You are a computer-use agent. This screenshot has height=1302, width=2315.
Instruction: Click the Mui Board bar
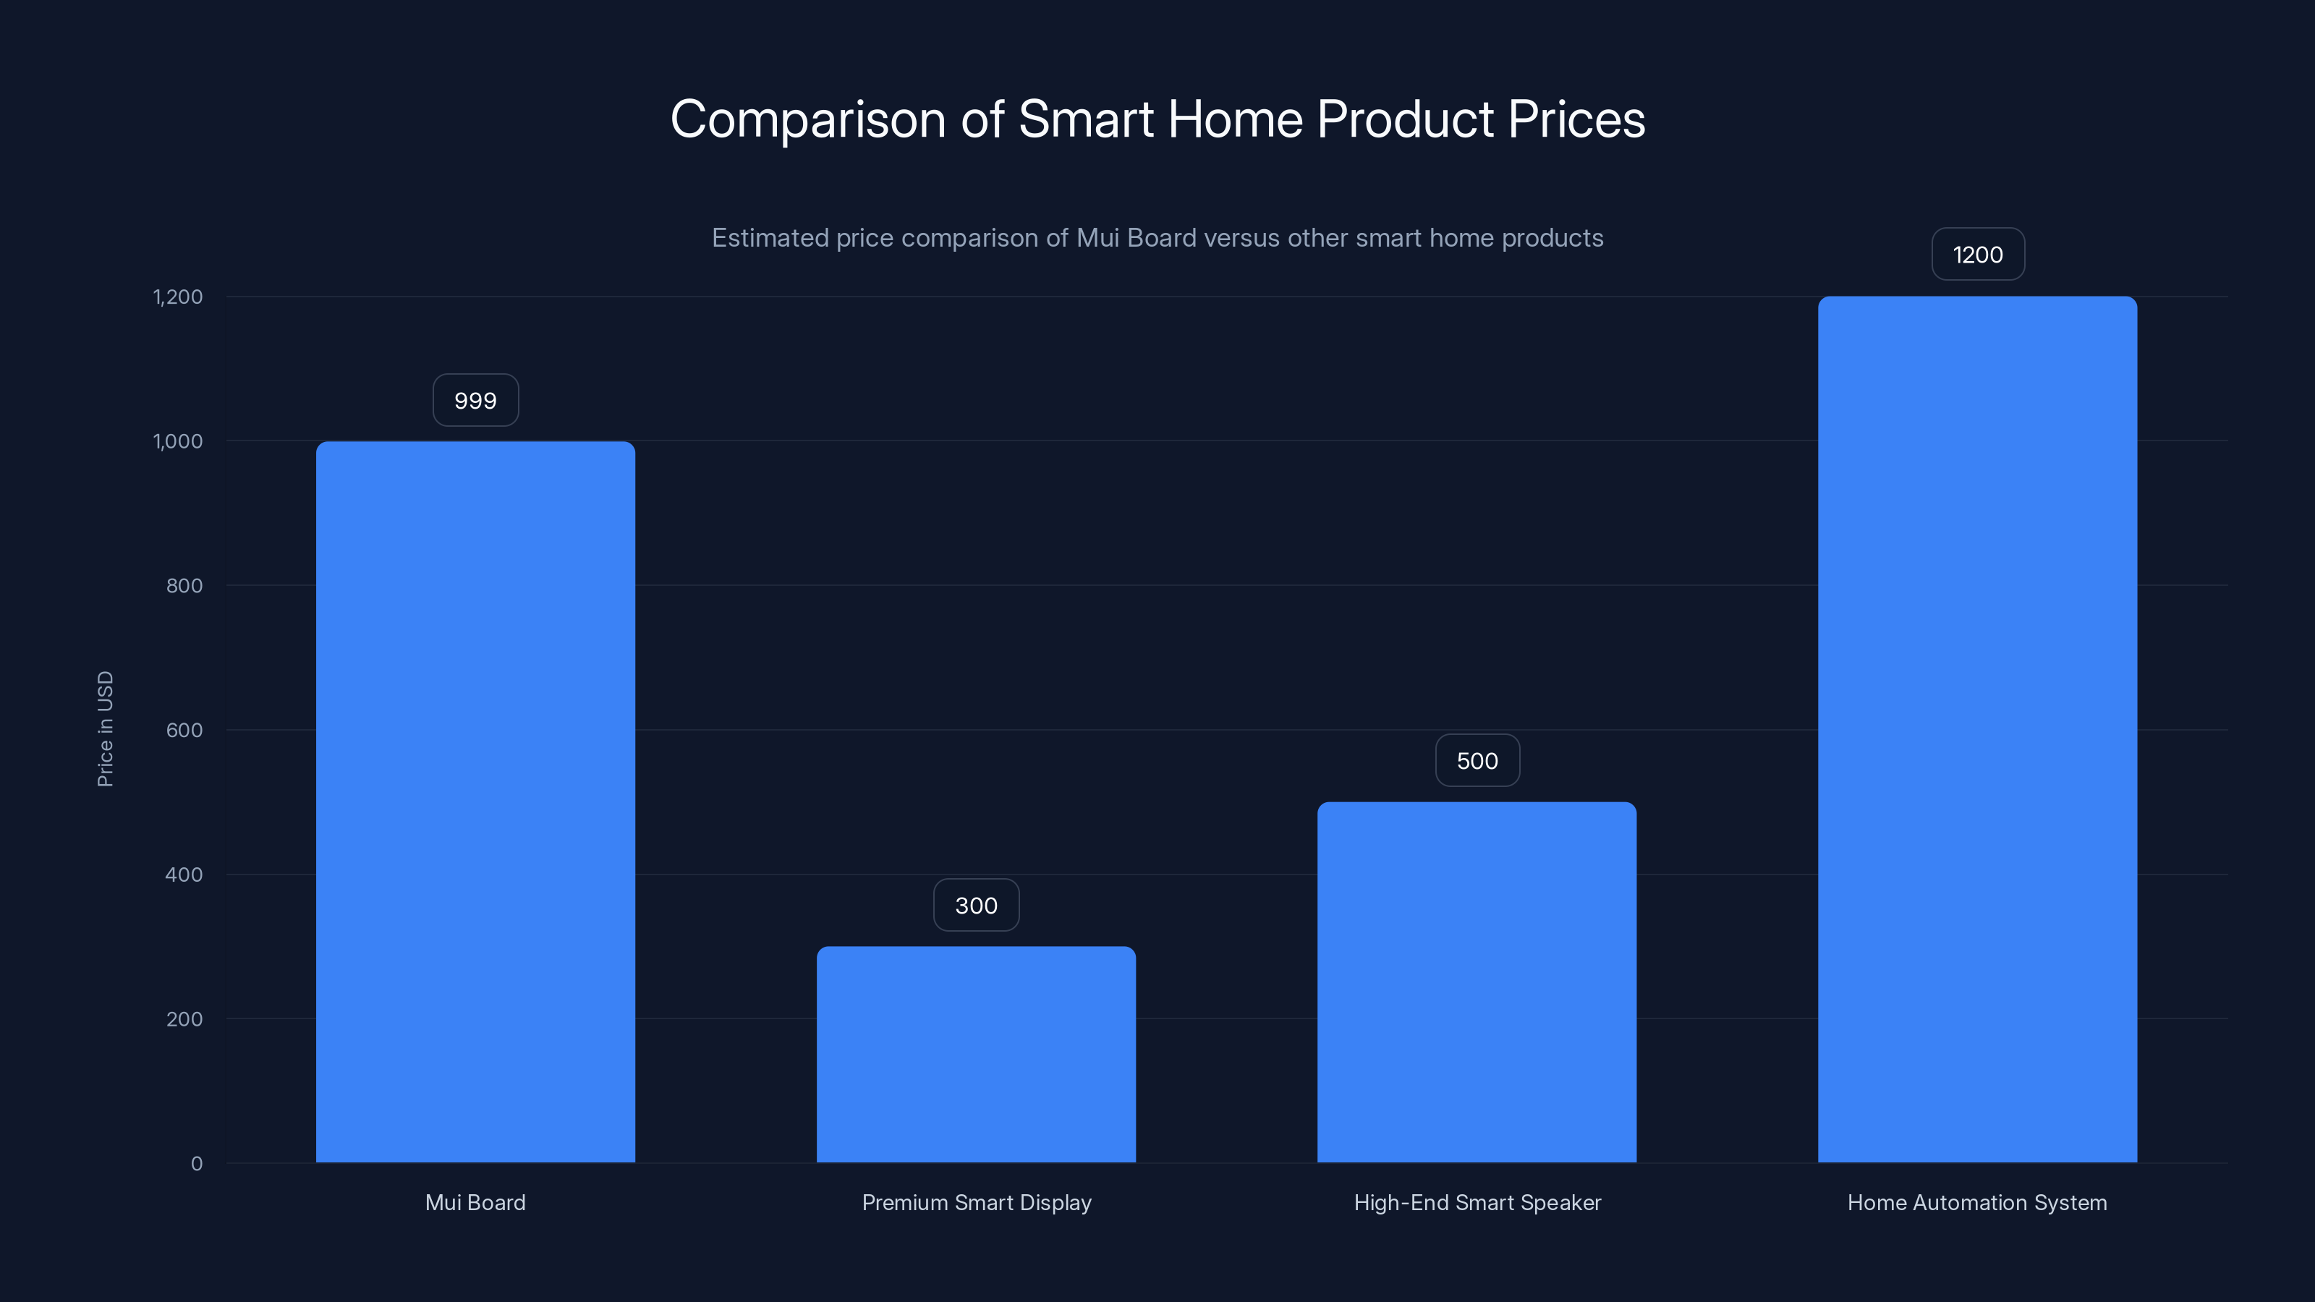point(475,801)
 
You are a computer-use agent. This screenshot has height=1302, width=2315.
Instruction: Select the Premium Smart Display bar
point(976,1054)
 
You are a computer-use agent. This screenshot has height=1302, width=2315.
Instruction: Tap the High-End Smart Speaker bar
point(1477,982)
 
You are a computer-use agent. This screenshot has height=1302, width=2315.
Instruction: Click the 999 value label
point(475,401)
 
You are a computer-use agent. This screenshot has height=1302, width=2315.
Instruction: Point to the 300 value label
point(976,906)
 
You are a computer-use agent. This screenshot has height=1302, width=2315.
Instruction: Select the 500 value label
point(1477,761)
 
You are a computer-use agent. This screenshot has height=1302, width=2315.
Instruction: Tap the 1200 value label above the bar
point(1978,255)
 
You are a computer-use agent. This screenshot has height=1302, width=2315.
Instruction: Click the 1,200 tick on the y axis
point(178,297)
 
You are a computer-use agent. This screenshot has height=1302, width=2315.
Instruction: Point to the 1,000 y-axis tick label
point(178,441)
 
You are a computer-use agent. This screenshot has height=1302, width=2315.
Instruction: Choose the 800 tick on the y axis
point(184,586)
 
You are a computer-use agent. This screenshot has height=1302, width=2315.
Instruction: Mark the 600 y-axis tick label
point(184,731)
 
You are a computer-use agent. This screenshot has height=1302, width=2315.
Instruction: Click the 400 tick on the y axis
point(184,875)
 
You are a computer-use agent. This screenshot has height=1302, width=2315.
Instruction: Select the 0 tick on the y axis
point(197,1165)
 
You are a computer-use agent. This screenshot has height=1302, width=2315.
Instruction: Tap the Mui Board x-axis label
point(475,1203)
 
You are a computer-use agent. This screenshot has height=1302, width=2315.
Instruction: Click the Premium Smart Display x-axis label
point(977,1203)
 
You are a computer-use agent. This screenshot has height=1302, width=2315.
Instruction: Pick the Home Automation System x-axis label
point(1977,1203)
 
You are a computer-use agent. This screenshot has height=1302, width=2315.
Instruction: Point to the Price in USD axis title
point(105,730)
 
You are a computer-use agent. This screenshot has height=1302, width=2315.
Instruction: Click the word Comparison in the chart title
point(808,119)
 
